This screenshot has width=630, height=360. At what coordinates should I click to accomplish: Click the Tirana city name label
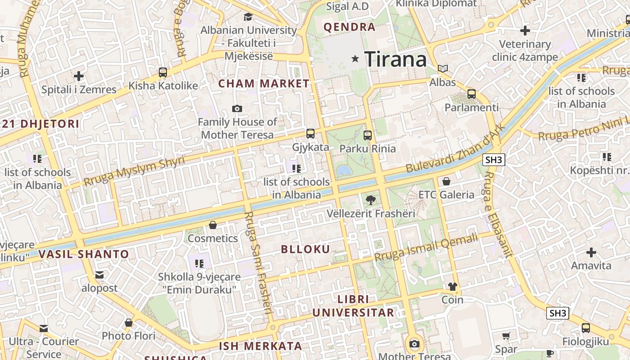[x=395, y=59]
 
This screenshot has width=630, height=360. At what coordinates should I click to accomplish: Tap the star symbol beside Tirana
[x=355, y=58]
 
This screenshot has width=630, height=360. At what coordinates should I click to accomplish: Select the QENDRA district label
[x=350, y=27]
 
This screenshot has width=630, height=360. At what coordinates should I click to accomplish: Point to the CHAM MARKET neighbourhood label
[x=264, y=84]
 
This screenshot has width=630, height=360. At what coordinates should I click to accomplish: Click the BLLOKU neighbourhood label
[x=306, y=249]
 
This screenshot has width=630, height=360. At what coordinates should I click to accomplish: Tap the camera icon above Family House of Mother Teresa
[x=237, y=108]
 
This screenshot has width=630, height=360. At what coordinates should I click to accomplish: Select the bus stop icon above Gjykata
[x=310, y=134]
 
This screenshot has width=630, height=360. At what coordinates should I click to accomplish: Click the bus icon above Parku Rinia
[x=368, y=135]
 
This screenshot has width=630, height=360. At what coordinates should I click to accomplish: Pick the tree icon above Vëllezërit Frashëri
[x=370, y=200]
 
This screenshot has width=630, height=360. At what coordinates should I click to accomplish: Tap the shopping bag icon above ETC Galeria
[x=446, y=181]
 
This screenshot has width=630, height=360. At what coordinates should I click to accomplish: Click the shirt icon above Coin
[x=452, y=287]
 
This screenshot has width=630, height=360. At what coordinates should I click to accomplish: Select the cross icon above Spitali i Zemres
[x=79, y=76]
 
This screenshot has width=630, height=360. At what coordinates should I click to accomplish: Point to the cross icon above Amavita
[x=591, y=252]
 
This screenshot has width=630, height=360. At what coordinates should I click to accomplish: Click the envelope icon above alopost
[x=99, y=274]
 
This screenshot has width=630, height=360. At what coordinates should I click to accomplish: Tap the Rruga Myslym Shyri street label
[x=134, y=171]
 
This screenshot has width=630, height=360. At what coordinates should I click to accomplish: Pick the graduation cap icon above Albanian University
[x=248, y=17]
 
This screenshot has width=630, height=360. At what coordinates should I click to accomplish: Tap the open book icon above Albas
[x=443, y=69]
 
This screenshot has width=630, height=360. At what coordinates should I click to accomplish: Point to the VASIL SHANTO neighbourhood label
[x=84, y=254]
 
